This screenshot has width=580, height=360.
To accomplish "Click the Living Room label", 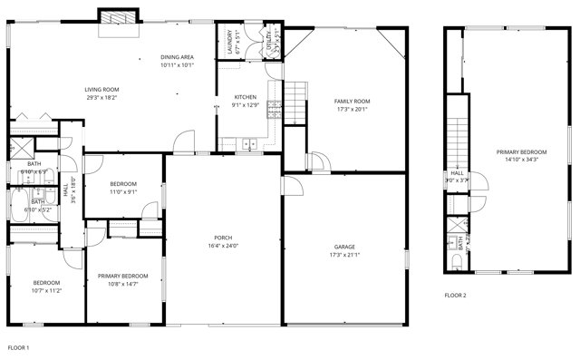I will (x=101, y=89).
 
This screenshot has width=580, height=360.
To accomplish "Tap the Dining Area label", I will (x=177, y=56).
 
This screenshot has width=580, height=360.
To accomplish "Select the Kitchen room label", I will (x=246, y=97).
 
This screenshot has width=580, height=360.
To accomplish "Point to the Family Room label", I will (x=352, y=101).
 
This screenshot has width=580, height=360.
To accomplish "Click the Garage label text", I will (x=344, y=247).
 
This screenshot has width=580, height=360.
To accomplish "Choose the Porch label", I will (x=223, y=238).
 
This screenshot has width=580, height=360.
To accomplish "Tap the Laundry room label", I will (x=229, y=41).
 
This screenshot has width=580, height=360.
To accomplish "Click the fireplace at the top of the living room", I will (x=120, y=18).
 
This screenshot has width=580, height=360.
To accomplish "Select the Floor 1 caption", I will (x=19, y=347).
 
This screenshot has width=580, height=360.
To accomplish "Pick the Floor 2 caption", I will (x=455, y=295).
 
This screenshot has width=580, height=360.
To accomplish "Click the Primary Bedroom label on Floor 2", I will (x=521, y=151).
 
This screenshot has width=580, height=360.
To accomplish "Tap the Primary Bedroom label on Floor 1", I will (x=122, y=276).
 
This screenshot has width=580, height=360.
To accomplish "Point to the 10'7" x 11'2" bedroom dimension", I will (x=47, y=290).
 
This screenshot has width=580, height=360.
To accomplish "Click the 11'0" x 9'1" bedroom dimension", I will (x=123, y=191).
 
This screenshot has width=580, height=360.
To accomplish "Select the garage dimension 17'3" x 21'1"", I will (x=344, y=255).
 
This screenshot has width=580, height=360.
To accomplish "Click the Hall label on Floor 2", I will (x=457, y=172).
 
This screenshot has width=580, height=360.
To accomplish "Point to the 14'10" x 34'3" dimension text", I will (x=521, y=160).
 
